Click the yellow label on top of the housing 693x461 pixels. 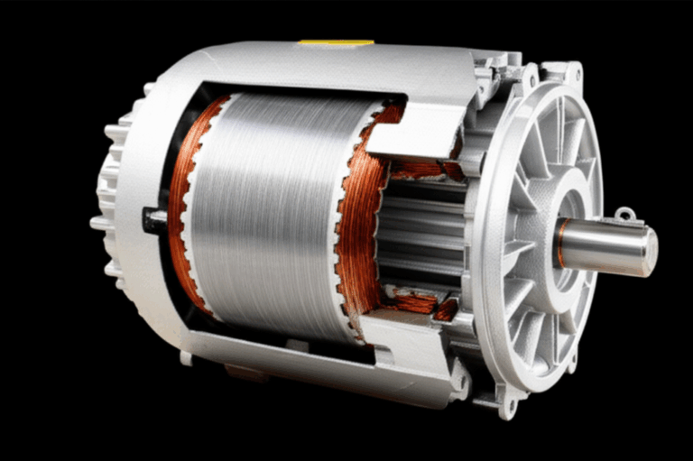pos(335,41)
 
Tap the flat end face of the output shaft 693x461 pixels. pos(649,251)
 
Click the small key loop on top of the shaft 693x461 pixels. pos(623,215)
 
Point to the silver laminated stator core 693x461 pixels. pos(271,217)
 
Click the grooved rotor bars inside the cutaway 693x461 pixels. pos(420,235)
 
